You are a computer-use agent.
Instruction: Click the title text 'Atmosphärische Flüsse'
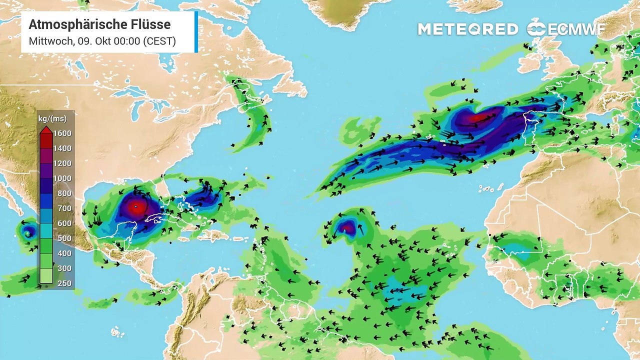[x=99, y=24]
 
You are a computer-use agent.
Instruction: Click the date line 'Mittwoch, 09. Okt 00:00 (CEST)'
[x=102, y=41]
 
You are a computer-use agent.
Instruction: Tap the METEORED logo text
[x=467, y=29]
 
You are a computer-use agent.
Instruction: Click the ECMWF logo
[x=565, y=28]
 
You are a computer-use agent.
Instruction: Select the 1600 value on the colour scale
[x=63, y=133]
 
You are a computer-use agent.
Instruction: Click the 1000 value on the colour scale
[x=63, y=178]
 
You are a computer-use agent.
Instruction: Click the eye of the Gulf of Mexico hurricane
[x=135, y=205]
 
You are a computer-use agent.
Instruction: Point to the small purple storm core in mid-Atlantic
[x=346, y=228]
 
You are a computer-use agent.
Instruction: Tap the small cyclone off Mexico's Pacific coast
[x=27, y=231]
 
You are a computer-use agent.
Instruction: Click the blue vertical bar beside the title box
[x=196, y=32]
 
